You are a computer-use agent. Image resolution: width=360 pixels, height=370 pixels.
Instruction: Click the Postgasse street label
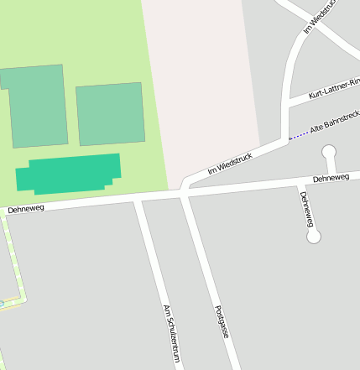click(222, 321)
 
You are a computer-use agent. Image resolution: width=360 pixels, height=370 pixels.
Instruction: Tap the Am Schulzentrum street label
click(172, 333)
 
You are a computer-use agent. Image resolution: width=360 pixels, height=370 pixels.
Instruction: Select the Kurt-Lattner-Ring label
click(334, 87)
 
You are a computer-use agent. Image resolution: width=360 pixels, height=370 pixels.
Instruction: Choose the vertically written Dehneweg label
click(307, 209)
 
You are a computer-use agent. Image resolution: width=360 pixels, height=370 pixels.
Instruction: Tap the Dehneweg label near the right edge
click(331, 179)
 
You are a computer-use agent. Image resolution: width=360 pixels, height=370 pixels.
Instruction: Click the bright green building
click(69, 173)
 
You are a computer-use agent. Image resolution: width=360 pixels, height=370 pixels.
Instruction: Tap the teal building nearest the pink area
click(110, 114)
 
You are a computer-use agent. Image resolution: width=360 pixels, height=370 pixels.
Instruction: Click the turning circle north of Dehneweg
click(329, 152)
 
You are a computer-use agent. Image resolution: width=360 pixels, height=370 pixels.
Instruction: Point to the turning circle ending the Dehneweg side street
click(314, 237)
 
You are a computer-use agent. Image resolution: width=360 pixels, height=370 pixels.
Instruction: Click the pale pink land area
click(201, 76)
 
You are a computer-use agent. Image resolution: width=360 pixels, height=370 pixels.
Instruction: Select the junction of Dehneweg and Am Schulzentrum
click(138, 199)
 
